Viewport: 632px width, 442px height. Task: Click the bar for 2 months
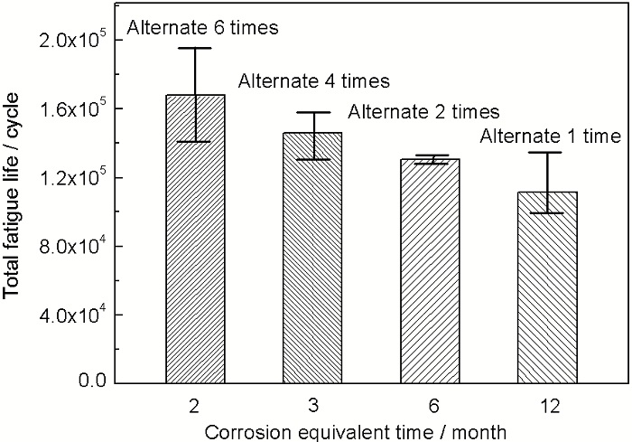point(194,240)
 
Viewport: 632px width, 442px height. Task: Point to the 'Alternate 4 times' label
point(313,81)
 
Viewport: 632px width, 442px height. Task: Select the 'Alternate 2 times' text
point(423,112)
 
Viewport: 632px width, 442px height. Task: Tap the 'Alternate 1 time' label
point(550,137)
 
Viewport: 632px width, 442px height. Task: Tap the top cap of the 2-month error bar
point(194,48)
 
